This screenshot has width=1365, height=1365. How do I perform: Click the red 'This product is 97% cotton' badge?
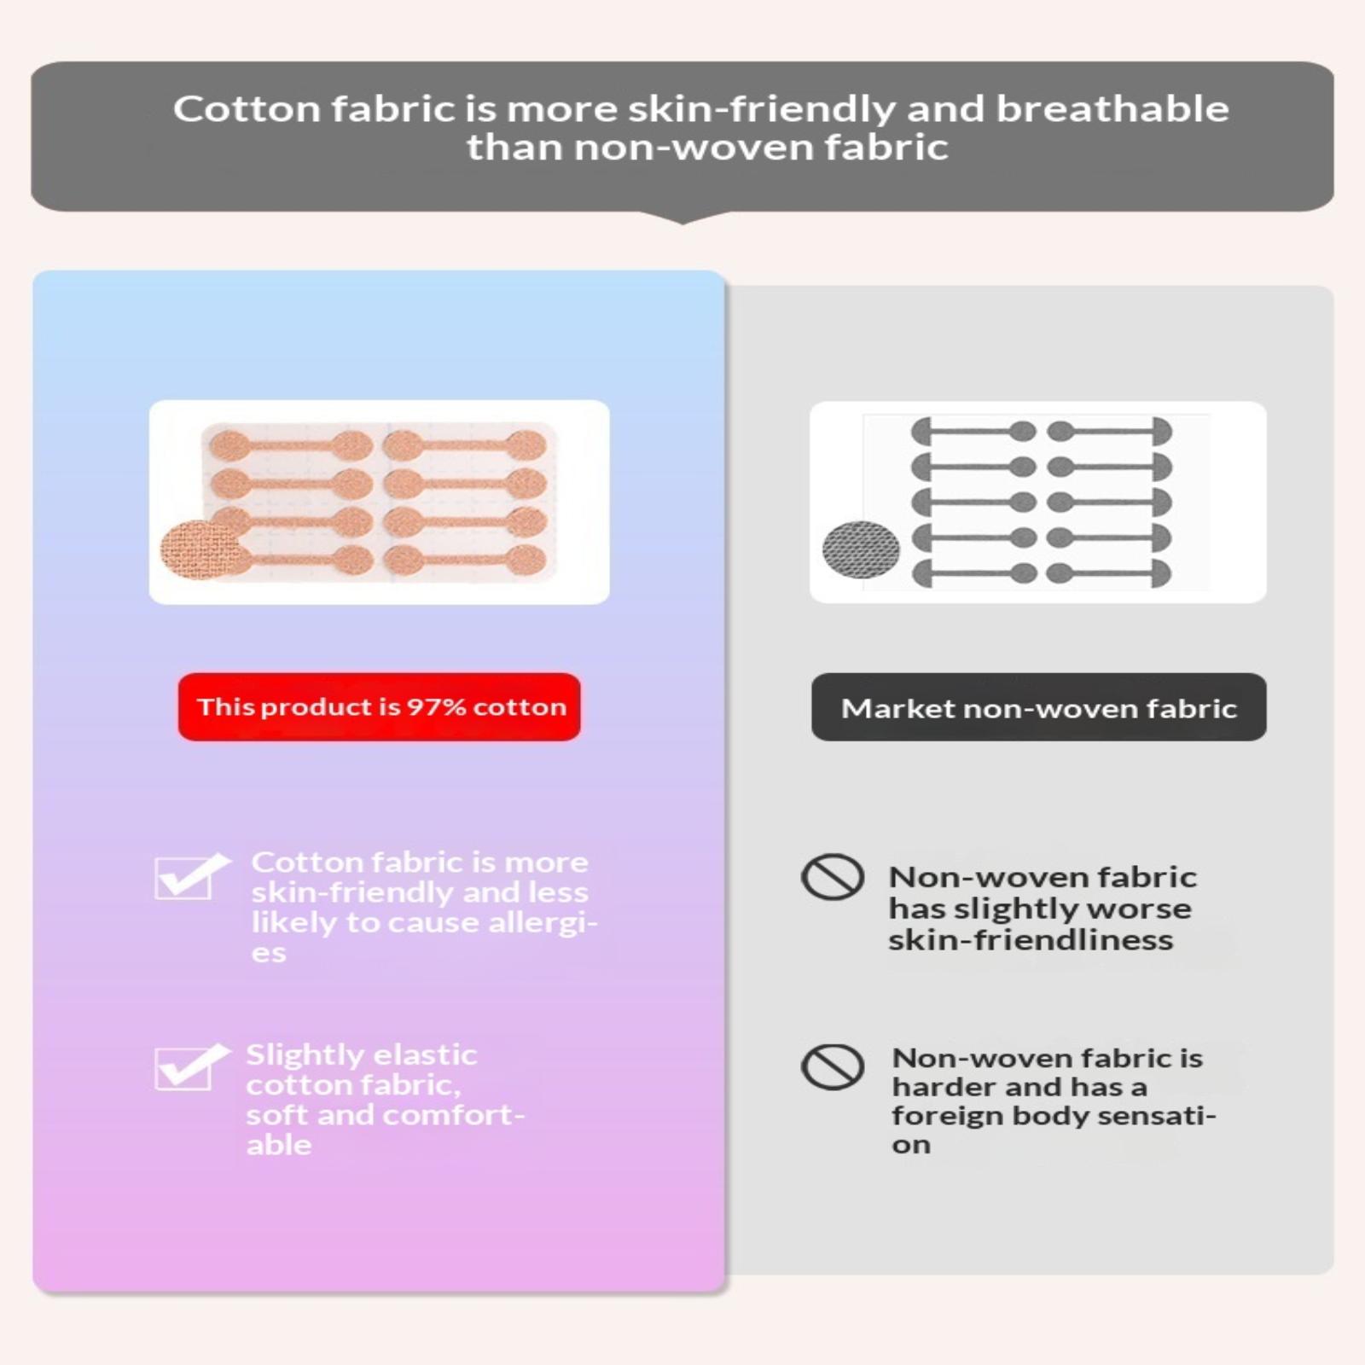coord(379,706)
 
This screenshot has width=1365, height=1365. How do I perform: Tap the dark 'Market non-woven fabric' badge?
coord(1038,707)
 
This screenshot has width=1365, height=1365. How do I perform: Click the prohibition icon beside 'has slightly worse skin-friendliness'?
coord(833,876)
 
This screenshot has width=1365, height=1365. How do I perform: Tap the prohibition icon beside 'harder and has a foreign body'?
coord(833,1066)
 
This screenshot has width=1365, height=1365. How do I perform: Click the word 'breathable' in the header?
coord(1112,109)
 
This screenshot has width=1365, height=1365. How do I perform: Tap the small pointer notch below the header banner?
coord(682,218)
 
